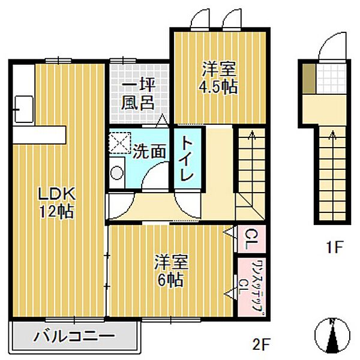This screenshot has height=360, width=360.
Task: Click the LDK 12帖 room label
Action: (x=56, y=202)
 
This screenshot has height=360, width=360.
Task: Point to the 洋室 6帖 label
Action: (x=172, y=271)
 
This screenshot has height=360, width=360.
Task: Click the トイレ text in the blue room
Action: (x=187, y=160)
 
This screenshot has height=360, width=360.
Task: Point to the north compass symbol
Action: (x=332, y=335)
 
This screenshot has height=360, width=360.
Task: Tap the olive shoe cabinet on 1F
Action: (x=308, y=78)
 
